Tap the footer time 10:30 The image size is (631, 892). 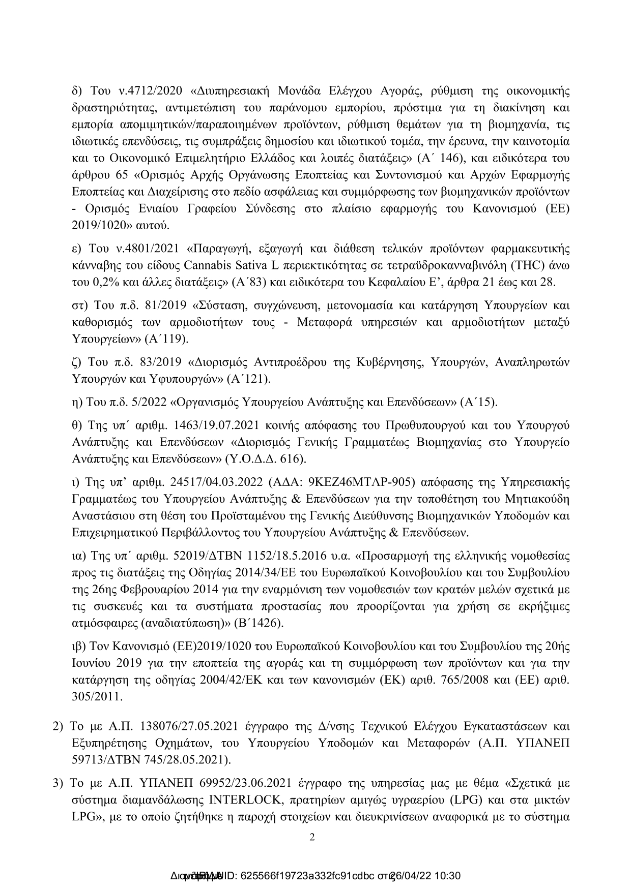click(x=448, y=876)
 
